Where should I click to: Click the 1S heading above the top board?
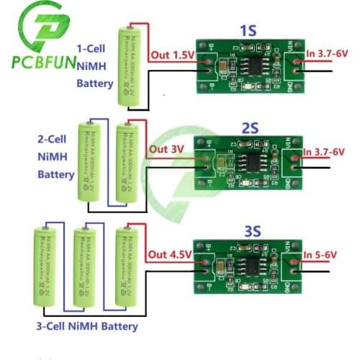(x=248, y=31)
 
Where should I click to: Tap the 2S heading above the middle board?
(x=250, y=128)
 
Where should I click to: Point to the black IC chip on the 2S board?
(x=247, y=159)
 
